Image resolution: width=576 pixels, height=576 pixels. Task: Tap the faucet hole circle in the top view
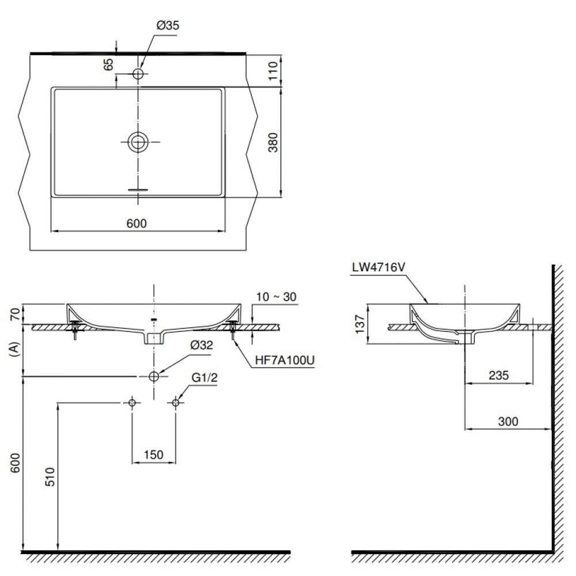pyautogui.click(x=138, y=74)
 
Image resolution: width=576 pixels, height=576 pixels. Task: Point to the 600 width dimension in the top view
pyautogui.click(x=137, y=224)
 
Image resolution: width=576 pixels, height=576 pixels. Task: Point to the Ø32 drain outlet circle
pyautogui.click(x=154, y=376)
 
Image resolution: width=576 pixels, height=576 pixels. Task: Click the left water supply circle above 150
pyautogui.click(x=132, y=403)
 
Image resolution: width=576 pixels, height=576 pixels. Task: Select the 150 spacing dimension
pyautogui.click(x=153, y=455)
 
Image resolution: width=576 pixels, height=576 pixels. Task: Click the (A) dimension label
pyautogui.click(x=14, y=350)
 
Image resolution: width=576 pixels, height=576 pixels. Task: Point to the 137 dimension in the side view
pyautogui.click(x=359, y=324)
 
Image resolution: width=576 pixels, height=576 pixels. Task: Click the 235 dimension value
pyautogui.click(x=499, y=376)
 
